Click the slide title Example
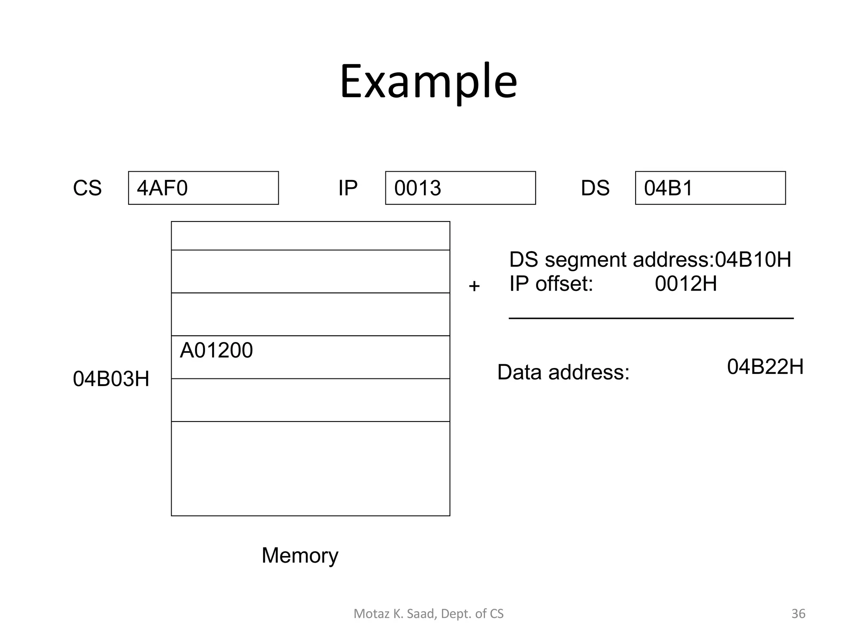click(x=428, y=82)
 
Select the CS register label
click(x=87, y=188)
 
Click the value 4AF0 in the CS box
click(x=162, y=188)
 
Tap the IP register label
click(x=348, y=188)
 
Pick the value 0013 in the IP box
click(x=418, y=188)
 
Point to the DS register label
click(x=595, y=188)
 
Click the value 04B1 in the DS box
click(x=668, y=188)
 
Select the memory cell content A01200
click(x=216, y=350)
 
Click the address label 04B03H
click(x=111, y=379)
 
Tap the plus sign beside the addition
click(x=474, y=286)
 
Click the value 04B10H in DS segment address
click(x=753, y=260)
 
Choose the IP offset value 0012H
click(x=686, y=284)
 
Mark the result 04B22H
click(x=765, y=367)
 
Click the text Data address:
click(x=563, y=372)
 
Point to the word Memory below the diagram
click(x=300, y=556)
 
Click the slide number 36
click(x=798, y=614)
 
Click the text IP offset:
click(x=551, y=284)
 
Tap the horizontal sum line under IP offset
click(x=651, y=319)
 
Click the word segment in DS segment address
click(x=586, y=260)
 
